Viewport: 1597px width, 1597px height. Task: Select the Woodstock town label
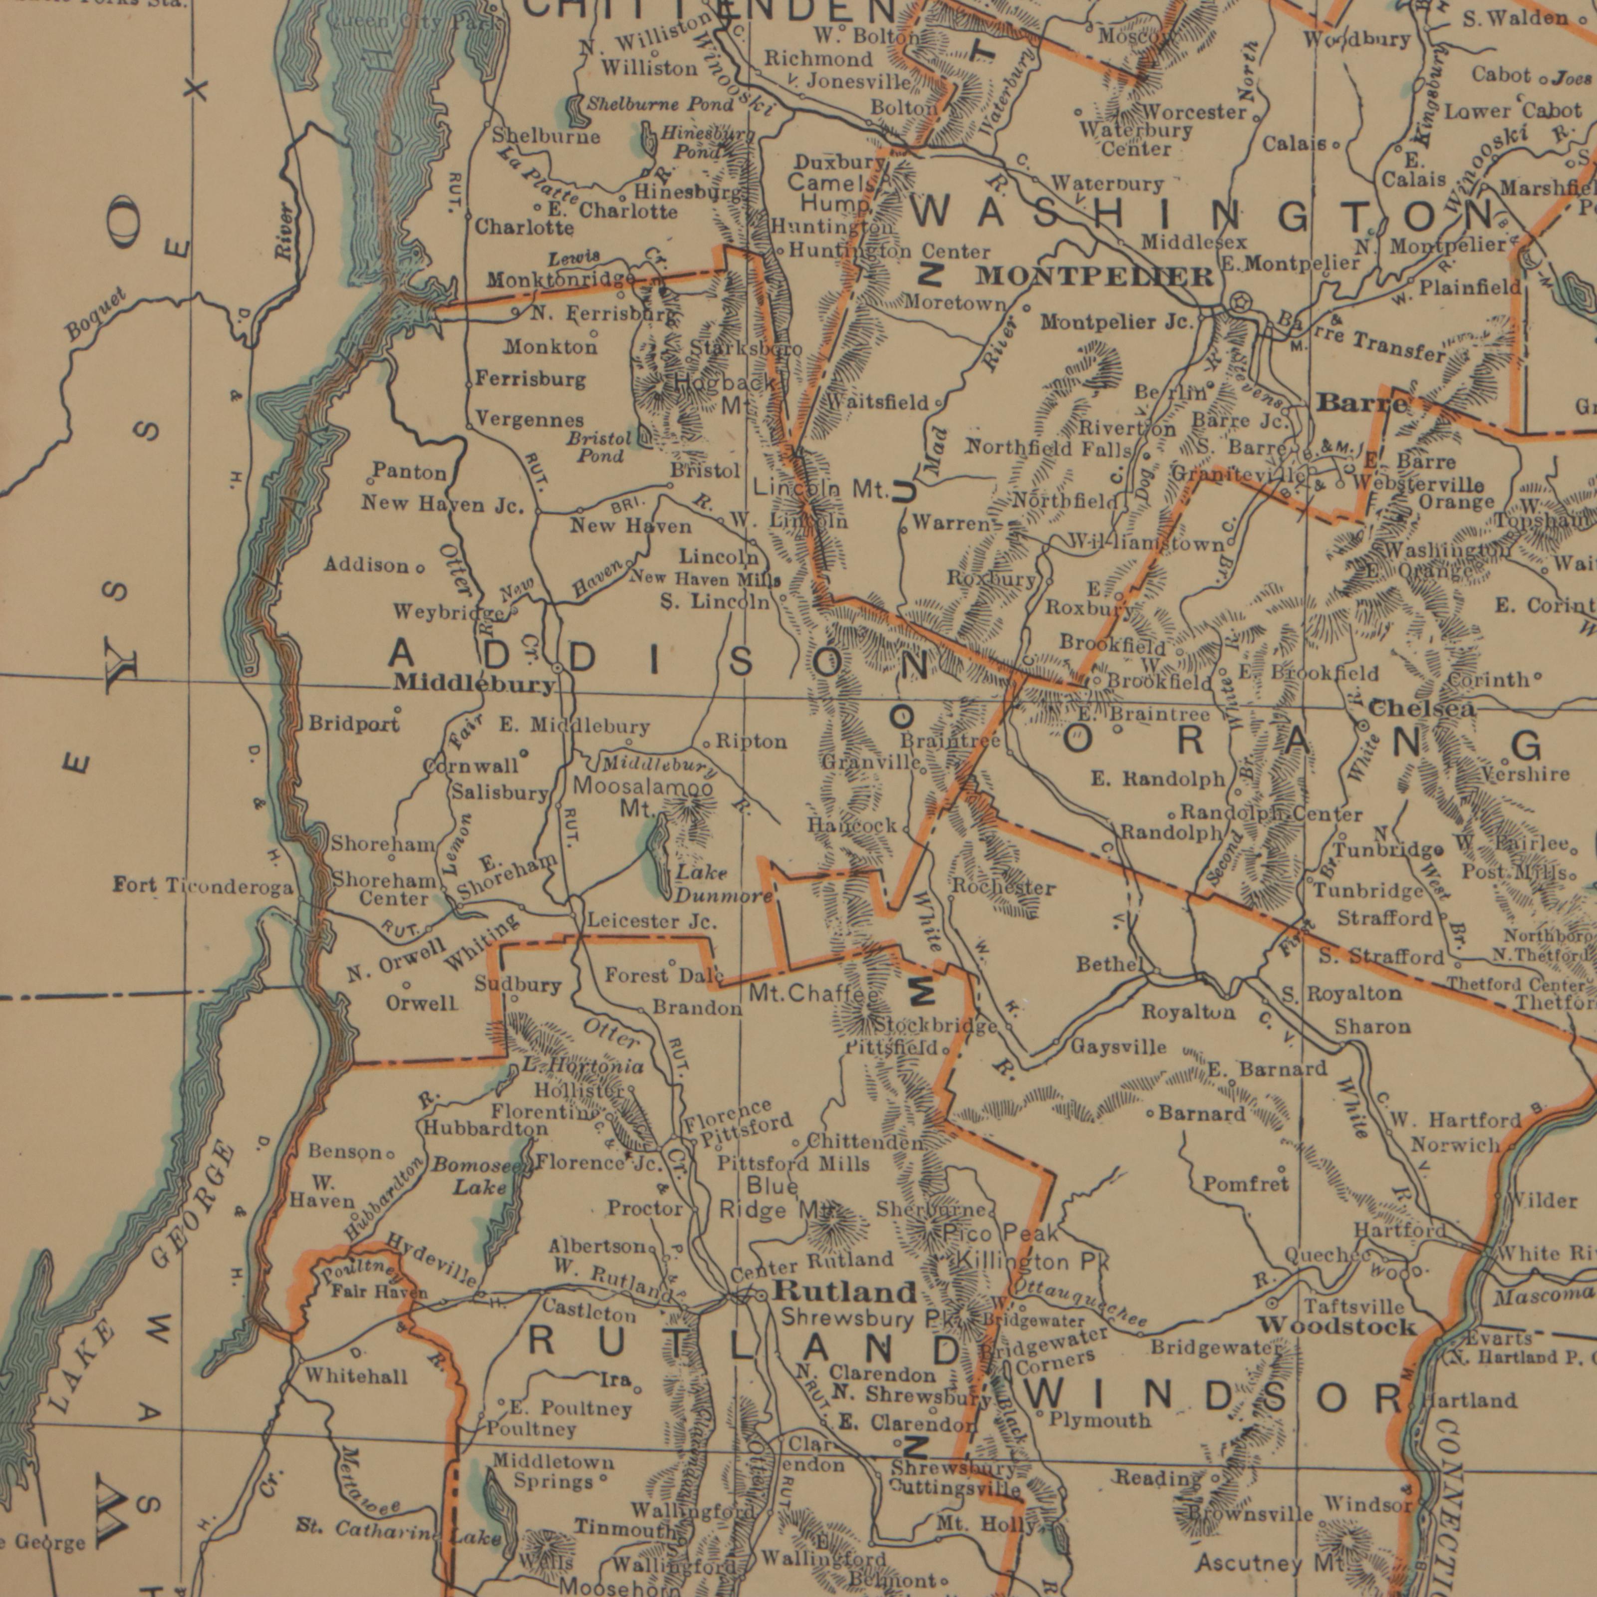click(x=1336, y=1327)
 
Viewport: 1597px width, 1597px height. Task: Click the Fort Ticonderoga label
click(x=203, y=888)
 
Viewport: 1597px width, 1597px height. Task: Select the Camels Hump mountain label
click(x=833, y=193)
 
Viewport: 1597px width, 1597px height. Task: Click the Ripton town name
click(x=751, y=742)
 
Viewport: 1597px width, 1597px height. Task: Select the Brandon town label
click(x=697, y=1009)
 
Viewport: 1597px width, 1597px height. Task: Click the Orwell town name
click(x=422, y=1004)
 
